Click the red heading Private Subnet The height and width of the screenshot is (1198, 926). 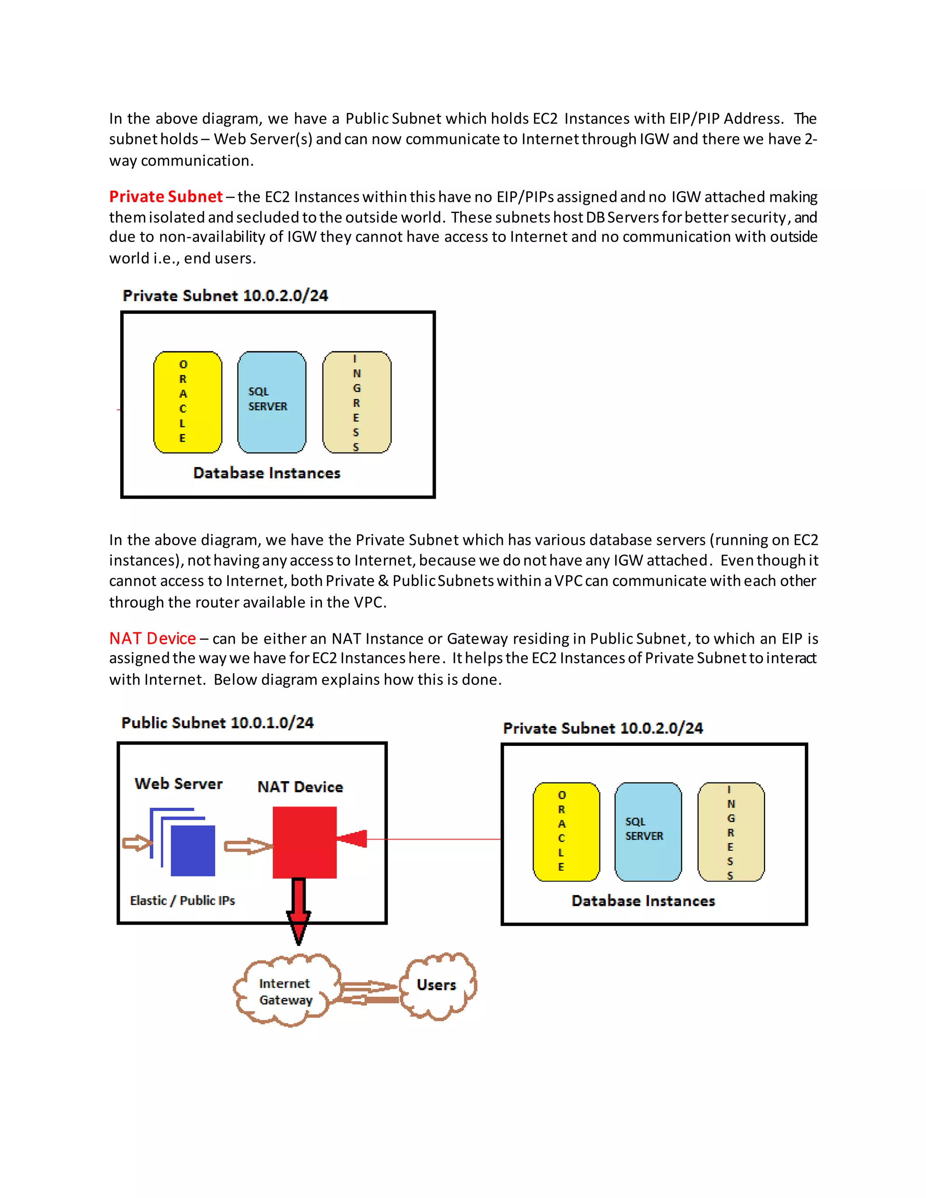coord(165,196)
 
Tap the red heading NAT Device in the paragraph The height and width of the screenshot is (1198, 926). coord(152,638)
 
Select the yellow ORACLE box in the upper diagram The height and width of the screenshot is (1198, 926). coord(188,402)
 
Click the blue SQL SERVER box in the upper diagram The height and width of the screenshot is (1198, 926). coord(272,402)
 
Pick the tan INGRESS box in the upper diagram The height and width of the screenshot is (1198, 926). coord(357,402)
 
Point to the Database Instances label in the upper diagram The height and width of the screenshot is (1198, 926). coord(267,473)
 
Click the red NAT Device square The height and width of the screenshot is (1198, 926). coord(304,842)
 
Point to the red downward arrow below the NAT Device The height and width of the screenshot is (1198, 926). coord(298,910)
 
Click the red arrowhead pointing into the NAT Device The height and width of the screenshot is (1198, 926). coord(352,838)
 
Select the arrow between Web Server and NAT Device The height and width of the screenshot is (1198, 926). coord(248,846)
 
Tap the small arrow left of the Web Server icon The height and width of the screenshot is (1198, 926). coord(136,843)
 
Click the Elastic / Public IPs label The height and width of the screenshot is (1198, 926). coord(182,901)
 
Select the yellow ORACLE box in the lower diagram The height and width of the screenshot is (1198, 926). coord(566,831)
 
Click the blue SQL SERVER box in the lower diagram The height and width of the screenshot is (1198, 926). coord(648,831)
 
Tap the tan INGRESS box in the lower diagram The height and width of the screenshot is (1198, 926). coord(731,831)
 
